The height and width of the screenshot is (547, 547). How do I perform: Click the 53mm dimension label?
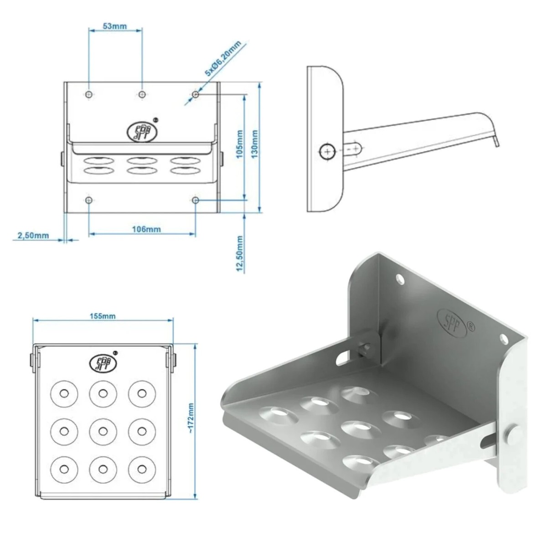point(114,26)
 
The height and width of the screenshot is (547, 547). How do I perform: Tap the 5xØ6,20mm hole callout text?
point(223,58)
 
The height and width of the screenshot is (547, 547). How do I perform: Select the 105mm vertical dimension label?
point(240,144)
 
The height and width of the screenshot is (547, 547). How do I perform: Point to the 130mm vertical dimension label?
point(255,144)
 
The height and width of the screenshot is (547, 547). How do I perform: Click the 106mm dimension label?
point(146,229)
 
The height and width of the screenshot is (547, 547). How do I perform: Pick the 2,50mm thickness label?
point(33,235)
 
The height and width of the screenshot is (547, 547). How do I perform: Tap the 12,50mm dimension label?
point(240,253)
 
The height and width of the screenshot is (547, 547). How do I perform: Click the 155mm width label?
point(103,316)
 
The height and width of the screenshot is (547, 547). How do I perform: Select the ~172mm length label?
point(191,418)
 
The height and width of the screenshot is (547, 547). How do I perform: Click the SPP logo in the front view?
point(142,131)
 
